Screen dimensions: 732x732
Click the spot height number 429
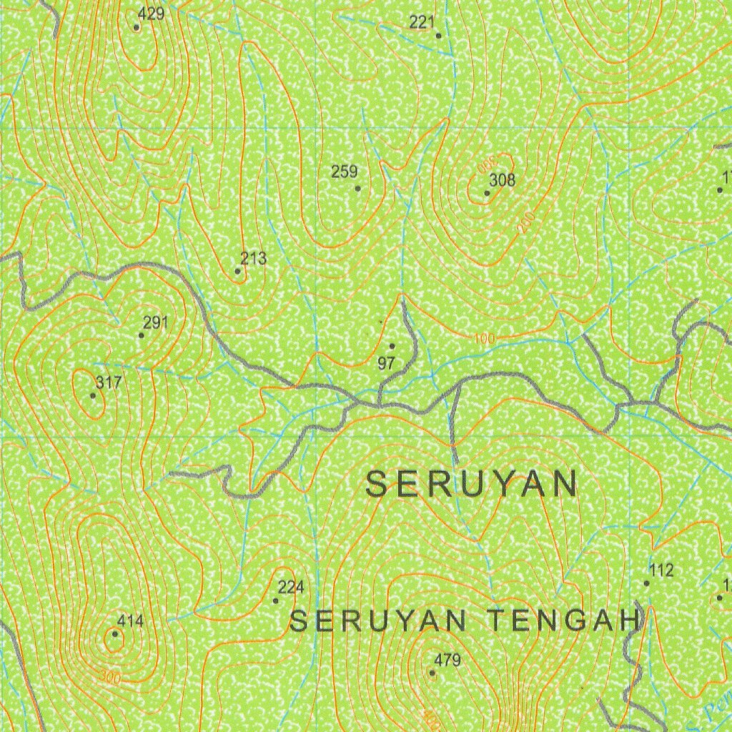[152, 14]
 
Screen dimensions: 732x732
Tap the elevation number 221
[422, 22]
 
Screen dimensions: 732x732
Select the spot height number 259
[344, 172]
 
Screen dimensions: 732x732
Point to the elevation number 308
[503, 179]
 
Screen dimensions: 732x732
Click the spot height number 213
[253, 258]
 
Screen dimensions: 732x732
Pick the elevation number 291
[155, 322]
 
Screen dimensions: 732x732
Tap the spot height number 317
[108, 382]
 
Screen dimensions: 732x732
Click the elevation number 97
[386, 363]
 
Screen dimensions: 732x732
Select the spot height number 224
[291, 588]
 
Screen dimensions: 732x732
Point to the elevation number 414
[130, 621]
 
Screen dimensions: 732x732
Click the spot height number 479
[447, 660]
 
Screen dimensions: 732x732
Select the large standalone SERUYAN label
[471, 485]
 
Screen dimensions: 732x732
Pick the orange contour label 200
[526, 224]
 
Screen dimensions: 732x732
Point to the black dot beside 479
[432, 673]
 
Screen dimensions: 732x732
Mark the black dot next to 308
[488, 192]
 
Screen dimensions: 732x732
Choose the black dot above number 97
[392, 346]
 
